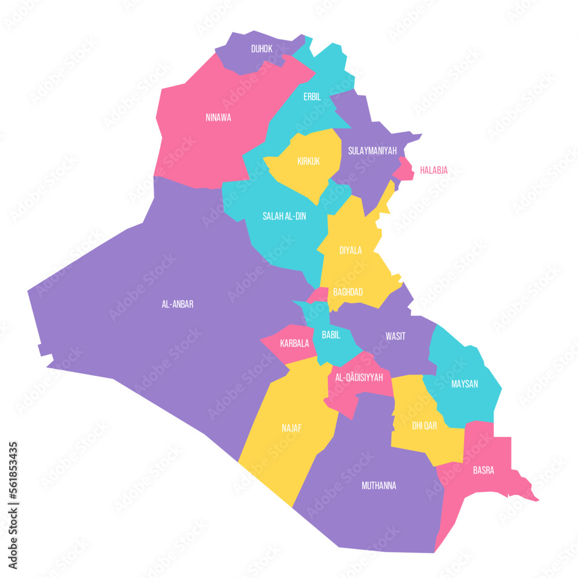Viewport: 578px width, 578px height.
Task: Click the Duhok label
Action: (x=262, y=49)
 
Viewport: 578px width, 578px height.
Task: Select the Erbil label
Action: (x=312, y=97)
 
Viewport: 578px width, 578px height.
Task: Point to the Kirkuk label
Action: (x=309, y=161)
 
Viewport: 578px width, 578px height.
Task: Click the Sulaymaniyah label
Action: (x=372, y=151)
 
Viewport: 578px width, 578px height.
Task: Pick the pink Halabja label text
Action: (x=433, y=170)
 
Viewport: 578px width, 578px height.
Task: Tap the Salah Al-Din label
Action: (x=284, y=216)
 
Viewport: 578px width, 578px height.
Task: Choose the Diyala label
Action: (x=351, y=250)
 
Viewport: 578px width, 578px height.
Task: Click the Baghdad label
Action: (x=348, y=292)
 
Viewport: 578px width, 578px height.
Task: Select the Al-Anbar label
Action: (x=177, y=304)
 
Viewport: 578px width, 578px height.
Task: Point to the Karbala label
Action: (x=294, y=343)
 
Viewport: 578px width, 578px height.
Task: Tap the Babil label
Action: (x=331, y=334)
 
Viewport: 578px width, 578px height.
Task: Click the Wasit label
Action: (x=395, y=336)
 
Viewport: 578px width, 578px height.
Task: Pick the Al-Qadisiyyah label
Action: (x=359, y=377)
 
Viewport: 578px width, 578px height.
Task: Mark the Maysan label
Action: (x=465, y=383)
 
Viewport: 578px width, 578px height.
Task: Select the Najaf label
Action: (x=292, y=428)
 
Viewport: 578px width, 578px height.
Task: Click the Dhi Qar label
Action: (x=424, y=426)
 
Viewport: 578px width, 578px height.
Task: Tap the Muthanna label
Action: (x=379, y=486)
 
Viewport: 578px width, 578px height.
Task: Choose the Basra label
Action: (x=483, y=470)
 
